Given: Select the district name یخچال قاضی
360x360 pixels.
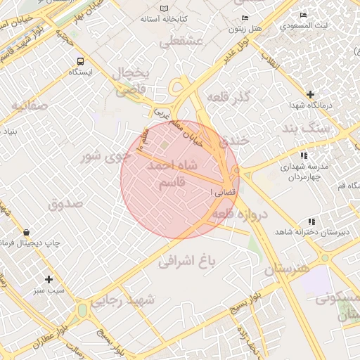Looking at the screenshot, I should [x=131, y=81].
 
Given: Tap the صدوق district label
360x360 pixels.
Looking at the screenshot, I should [x=66, y=204].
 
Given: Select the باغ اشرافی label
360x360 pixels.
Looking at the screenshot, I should [x=186, y=262].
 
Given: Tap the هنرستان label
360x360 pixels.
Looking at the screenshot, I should [x=287, y=269].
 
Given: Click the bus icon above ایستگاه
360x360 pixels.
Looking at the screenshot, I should [x=79, y=61].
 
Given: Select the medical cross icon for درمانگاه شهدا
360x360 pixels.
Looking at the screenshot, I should [x=310, y=94].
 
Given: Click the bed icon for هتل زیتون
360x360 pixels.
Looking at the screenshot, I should [x=245, y=18].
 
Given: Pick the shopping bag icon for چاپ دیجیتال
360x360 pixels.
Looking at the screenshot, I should [x=26, y=232].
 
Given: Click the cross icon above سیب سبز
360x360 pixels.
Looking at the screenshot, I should [x=49, y=279].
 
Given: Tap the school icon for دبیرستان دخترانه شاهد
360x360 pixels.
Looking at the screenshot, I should [x=311, y=221].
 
